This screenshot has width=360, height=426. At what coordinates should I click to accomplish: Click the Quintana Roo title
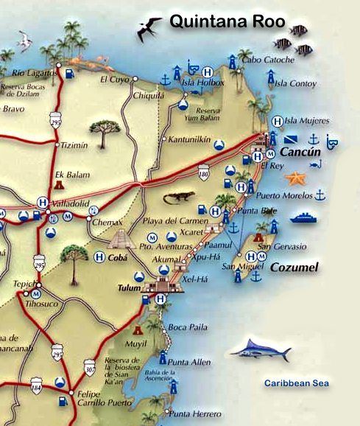(x=227, y=22)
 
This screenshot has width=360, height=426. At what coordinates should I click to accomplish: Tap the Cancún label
(x=300, y=152)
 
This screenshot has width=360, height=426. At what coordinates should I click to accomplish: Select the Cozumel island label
(x=294, y=268)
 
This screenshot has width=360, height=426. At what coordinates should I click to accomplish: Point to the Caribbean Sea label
(x=297, y=383)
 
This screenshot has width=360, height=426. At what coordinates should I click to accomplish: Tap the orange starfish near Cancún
(x=294, y=178)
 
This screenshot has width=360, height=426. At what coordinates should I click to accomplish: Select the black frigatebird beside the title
(x=150, y=29)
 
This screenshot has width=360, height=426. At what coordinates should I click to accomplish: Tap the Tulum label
(x=128, y=288)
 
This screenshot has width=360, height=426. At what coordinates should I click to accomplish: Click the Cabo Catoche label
(x=262, y=59)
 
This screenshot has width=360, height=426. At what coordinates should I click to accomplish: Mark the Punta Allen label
(x=189, y=363)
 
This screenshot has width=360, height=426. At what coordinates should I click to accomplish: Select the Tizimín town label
(x=73, y=145)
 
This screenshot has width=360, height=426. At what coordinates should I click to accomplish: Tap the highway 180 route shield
(x=204, y=174)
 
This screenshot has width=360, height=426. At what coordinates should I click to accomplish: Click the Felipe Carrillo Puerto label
(x=102, y=399)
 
